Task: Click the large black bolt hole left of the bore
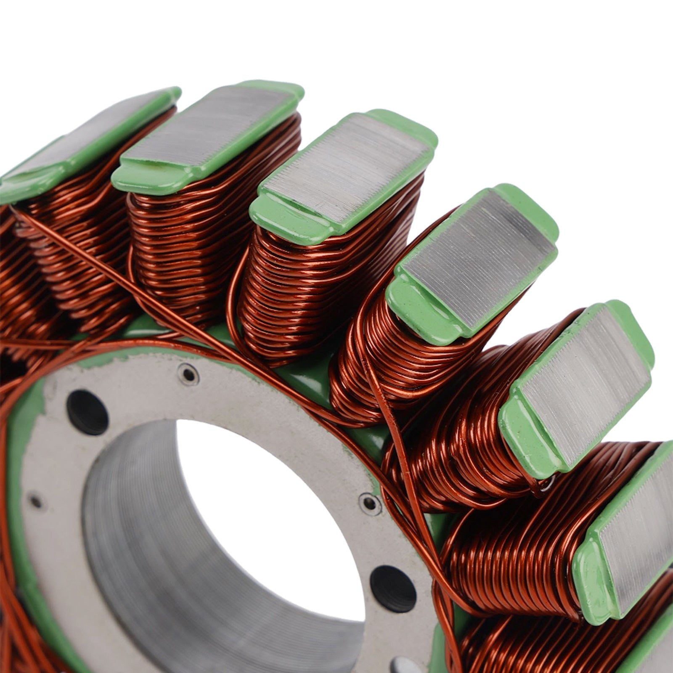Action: point(87,412)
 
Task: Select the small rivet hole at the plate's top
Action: point(188,374)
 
